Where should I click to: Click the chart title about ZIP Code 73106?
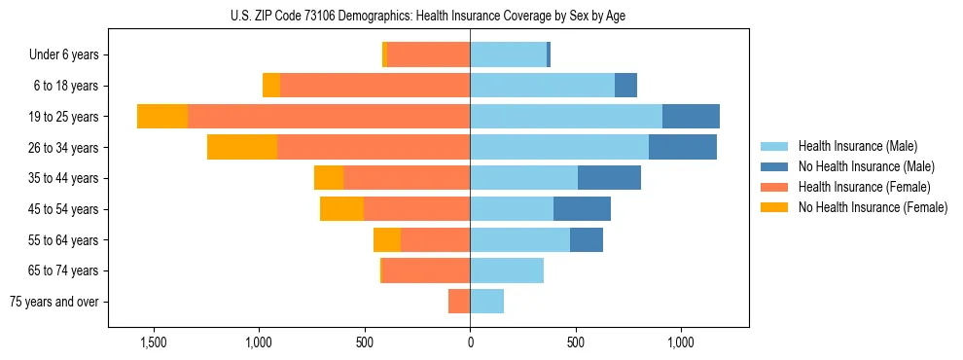[428, 16]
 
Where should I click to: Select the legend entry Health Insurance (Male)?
[858, 146]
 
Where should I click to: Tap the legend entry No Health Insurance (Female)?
[872, 207]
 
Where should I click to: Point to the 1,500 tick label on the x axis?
[155, 343]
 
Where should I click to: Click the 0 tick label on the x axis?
[470, 343]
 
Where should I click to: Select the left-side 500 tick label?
[365, 343]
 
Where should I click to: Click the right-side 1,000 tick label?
[680, 343]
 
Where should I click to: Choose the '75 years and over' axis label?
[54, 302]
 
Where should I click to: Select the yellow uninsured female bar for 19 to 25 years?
[162, 117]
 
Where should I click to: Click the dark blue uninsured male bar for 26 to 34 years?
[683, 148]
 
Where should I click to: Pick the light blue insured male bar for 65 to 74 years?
[507, 270]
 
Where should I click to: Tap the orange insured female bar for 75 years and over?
[459, 302]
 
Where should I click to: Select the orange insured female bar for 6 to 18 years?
[374, 86]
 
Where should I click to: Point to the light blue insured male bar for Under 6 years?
[508, 55]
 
